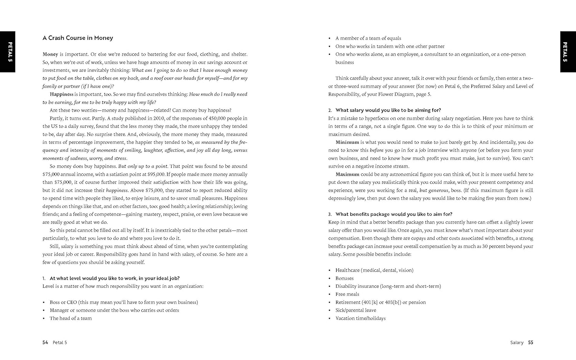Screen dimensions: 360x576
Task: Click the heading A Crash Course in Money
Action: [x=78, y=38]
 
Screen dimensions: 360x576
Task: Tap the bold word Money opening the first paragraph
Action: [x=50, y=54]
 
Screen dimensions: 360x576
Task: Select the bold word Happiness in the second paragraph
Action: [x=61, y=94]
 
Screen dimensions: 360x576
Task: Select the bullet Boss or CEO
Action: [x=63, y=302]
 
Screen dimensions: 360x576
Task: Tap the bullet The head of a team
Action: [x=71, y=319]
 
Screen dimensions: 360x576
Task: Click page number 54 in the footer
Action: [x=45, y=343]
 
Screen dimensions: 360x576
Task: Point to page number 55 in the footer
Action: [x=530, y=343]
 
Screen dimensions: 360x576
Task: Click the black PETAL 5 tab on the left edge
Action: [x=8, y=51]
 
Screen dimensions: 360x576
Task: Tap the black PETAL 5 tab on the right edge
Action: [x=568, y=51]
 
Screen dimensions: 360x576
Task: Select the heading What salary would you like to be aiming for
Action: [x=388, y=111]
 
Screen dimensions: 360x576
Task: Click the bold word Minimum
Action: [x=347, y=142]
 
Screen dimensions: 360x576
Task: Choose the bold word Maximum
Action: [x=348, y=175]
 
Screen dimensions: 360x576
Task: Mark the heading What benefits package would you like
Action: [x=394, y=215]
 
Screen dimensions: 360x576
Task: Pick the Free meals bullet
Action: [x=347, y=294]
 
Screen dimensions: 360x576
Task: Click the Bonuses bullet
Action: [x=344, y=279]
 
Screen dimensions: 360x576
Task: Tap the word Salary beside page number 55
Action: [x=517, y=343]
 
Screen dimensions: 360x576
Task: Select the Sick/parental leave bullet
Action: [x=356, y=310]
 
